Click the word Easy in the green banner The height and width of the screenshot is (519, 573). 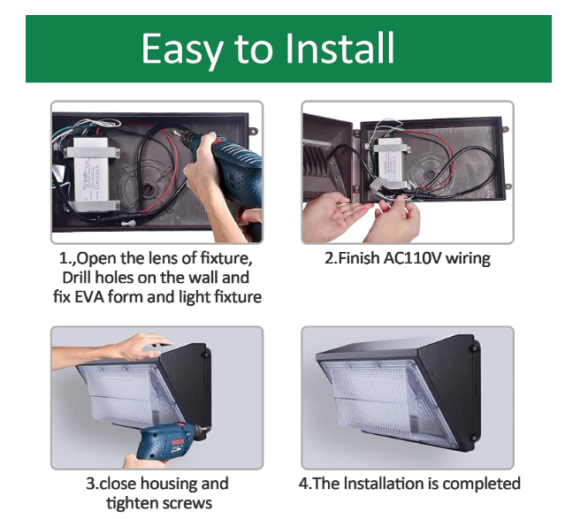point(182,50)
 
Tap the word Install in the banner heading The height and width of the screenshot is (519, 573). point(340,48)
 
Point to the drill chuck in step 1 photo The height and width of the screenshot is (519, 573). point(183,134)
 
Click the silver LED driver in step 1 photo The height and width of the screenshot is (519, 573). point(92,174)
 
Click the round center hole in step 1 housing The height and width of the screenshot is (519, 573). point(149,189)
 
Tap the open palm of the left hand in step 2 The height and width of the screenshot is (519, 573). point(338,215)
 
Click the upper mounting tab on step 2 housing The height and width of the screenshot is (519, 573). point(505,129)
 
